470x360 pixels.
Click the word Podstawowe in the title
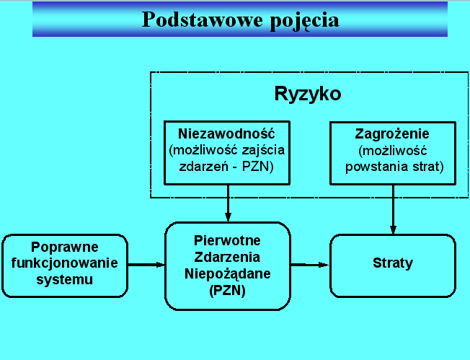(203, 19)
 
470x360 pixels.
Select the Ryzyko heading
(308, 95)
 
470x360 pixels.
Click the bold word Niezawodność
(226, 133)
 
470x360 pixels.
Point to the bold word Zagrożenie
(392, 134)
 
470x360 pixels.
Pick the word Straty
(393, 263)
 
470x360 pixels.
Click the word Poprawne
(65, 247)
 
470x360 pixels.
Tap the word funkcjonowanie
(64, 263)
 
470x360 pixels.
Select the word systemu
(64, 280)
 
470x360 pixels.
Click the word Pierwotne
(227, 240)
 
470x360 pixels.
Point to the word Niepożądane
(228, 274)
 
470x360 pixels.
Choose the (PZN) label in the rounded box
(228, 291)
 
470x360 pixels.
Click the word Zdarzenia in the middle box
(227, 257)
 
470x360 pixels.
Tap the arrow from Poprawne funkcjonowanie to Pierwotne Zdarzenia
(146, 265)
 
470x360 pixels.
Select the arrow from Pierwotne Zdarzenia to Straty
(310, 265)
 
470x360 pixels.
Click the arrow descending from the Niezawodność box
(228, 203)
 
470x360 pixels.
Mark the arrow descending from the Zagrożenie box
(394, 209)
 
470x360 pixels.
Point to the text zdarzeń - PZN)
(226, 167)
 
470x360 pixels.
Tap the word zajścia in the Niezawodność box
(264, 150)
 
